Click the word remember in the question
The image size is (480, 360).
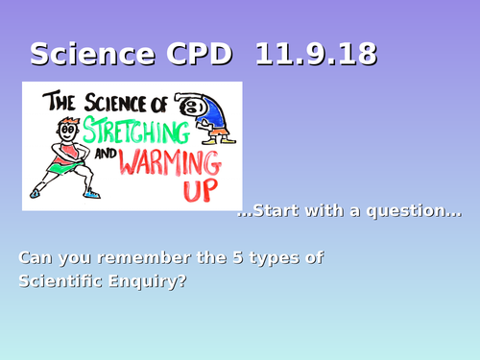coord(129,258)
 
